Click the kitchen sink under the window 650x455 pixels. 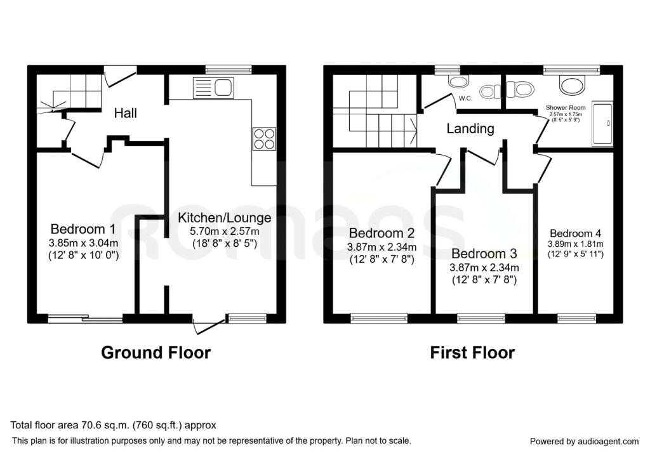(216, 88)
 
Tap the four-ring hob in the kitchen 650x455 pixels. (264, 138)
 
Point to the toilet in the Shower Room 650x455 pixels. (521, 89)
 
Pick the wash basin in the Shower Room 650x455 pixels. (572, 84)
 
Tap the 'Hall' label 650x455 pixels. (125, 114)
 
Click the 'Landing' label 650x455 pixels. (470, 129)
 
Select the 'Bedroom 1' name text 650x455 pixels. (83, 229)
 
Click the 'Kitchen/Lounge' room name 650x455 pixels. (225, 218)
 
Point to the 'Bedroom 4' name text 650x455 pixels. (575, 232)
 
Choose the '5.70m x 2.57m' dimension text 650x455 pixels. (225, 231)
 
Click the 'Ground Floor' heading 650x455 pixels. (156, 352)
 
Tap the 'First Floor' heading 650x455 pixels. (472, 352)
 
